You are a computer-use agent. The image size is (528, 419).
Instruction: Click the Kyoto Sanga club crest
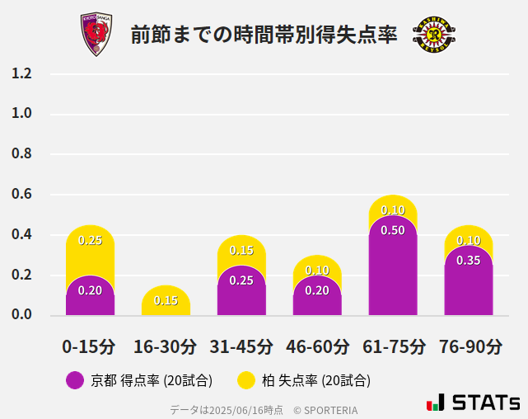click(96, 34)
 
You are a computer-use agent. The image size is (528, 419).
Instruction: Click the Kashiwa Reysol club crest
click(433, 35)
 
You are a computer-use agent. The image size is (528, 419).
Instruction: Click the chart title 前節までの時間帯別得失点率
click(264, 35)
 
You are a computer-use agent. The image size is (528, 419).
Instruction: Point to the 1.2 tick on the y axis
click(21, 73)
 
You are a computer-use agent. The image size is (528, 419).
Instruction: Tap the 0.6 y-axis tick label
click(21, 195)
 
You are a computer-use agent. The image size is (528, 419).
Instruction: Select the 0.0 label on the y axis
click(21, 315)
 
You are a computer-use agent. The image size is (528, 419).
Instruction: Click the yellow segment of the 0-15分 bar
click(90, 247)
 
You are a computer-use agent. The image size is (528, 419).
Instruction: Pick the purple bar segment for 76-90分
click(469, 285)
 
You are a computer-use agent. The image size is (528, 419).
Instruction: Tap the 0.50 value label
click(393, 231)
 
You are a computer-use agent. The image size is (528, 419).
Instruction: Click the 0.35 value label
click(469, 261)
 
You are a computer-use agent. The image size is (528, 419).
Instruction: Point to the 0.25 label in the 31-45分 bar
click(241, 280)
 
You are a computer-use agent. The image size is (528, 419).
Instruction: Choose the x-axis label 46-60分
click(317, 346)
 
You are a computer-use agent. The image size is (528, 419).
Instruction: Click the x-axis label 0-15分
click(90, 346)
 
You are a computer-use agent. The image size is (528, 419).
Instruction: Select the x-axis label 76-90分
click(469, 346)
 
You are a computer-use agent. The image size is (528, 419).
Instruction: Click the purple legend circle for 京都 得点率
click(75, 380)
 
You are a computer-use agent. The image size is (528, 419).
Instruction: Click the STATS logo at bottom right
click(473, 403)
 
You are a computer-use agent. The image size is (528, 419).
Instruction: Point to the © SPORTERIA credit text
click(325, 409)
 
